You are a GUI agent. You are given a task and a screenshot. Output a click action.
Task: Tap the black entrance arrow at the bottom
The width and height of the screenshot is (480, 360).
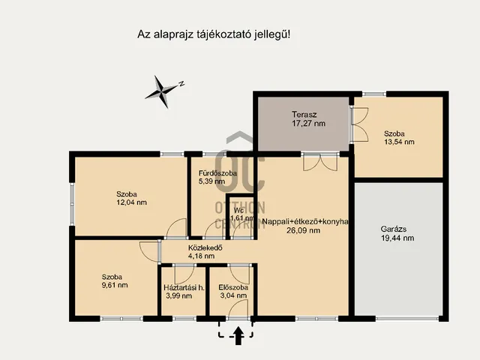238,337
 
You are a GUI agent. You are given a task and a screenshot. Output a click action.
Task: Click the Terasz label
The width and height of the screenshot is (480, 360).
304,115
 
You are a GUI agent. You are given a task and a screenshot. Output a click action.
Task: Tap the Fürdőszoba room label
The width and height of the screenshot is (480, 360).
217,172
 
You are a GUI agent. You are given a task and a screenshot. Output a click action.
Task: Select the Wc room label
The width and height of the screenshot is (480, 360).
238,210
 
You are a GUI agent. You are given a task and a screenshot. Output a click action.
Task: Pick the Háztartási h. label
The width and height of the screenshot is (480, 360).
184,287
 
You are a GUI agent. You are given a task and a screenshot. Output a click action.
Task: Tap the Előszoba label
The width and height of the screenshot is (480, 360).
233,287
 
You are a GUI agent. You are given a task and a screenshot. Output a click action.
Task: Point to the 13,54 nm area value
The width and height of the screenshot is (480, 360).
399,141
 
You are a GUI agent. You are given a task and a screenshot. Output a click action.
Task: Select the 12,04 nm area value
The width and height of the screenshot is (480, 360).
131,202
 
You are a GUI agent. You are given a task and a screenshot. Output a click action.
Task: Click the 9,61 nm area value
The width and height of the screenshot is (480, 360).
115,285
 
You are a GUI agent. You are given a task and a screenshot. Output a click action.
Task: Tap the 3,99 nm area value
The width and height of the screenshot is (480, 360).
178,296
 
